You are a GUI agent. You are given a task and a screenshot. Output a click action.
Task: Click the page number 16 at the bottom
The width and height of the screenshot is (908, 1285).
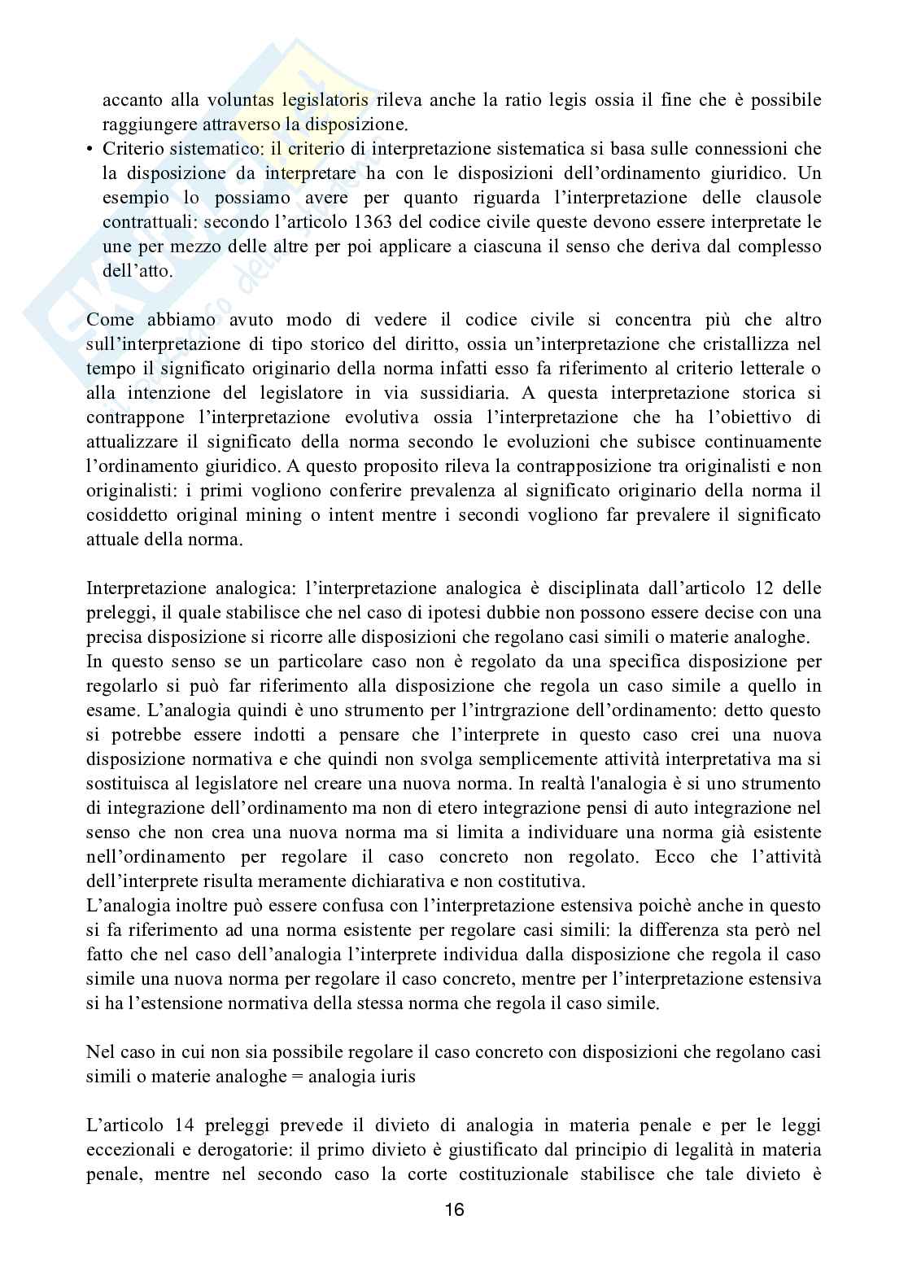[454, 1209]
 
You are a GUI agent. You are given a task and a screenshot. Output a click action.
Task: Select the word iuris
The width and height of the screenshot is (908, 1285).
[396, 1077]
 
